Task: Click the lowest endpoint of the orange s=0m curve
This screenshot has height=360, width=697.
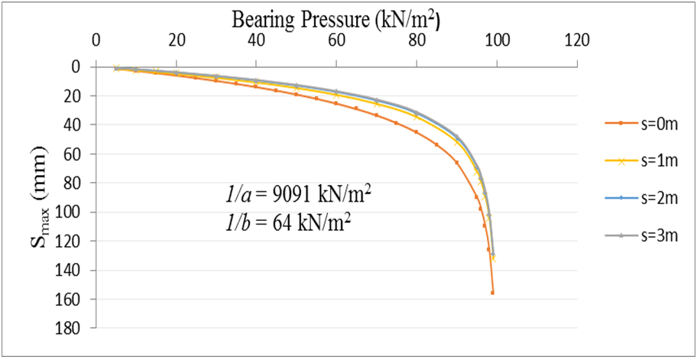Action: [492, 293]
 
